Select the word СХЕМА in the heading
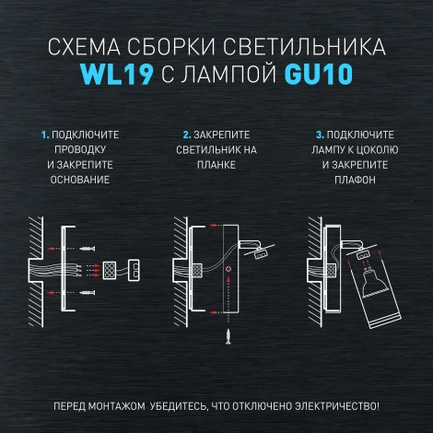pos(85,47)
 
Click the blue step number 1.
pos(43,135)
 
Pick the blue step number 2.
pos(186,135)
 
